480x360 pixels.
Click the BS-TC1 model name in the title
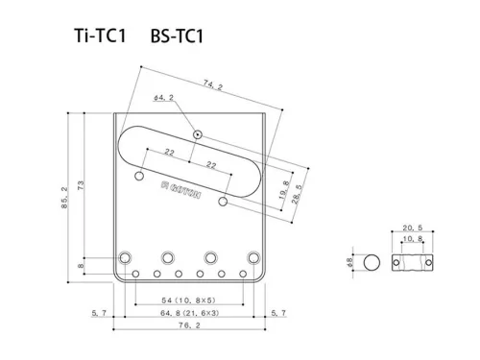click(177, 37)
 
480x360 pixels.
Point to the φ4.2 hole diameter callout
click(162, 98)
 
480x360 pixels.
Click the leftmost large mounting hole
click(125, 257)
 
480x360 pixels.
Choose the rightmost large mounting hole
click(253, 257)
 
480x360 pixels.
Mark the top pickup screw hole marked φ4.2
click(196, 133)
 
